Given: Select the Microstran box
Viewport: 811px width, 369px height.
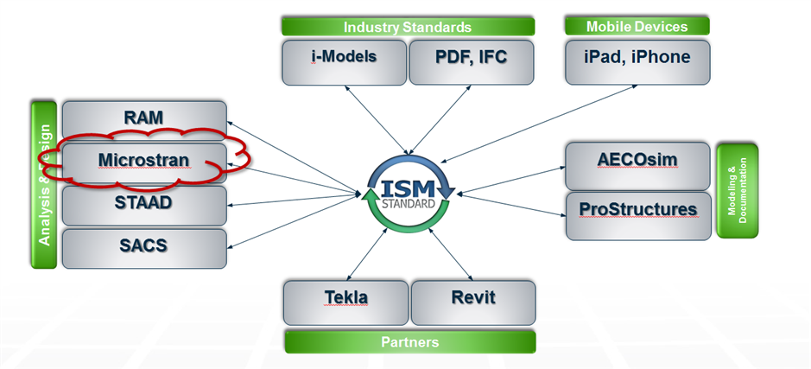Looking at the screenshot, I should click(x=143, y=161).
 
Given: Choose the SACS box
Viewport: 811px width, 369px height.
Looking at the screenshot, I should click(x=143, y=245).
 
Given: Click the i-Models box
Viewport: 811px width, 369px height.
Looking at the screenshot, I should click(x=344, y=60).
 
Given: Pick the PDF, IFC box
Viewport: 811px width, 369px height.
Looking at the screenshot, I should click(x=471, y=60).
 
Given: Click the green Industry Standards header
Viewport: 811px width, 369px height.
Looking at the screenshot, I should click(x=408, y=27).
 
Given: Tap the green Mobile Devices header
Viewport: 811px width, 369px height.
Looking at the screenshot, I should click(x=637, y=26).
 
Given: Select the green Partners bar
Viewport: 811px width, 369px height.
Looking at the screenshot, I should click(x=409, y=342).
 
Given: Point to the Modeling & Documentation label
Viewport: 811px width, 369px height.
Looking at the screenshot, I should click(x=737, y=191).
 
